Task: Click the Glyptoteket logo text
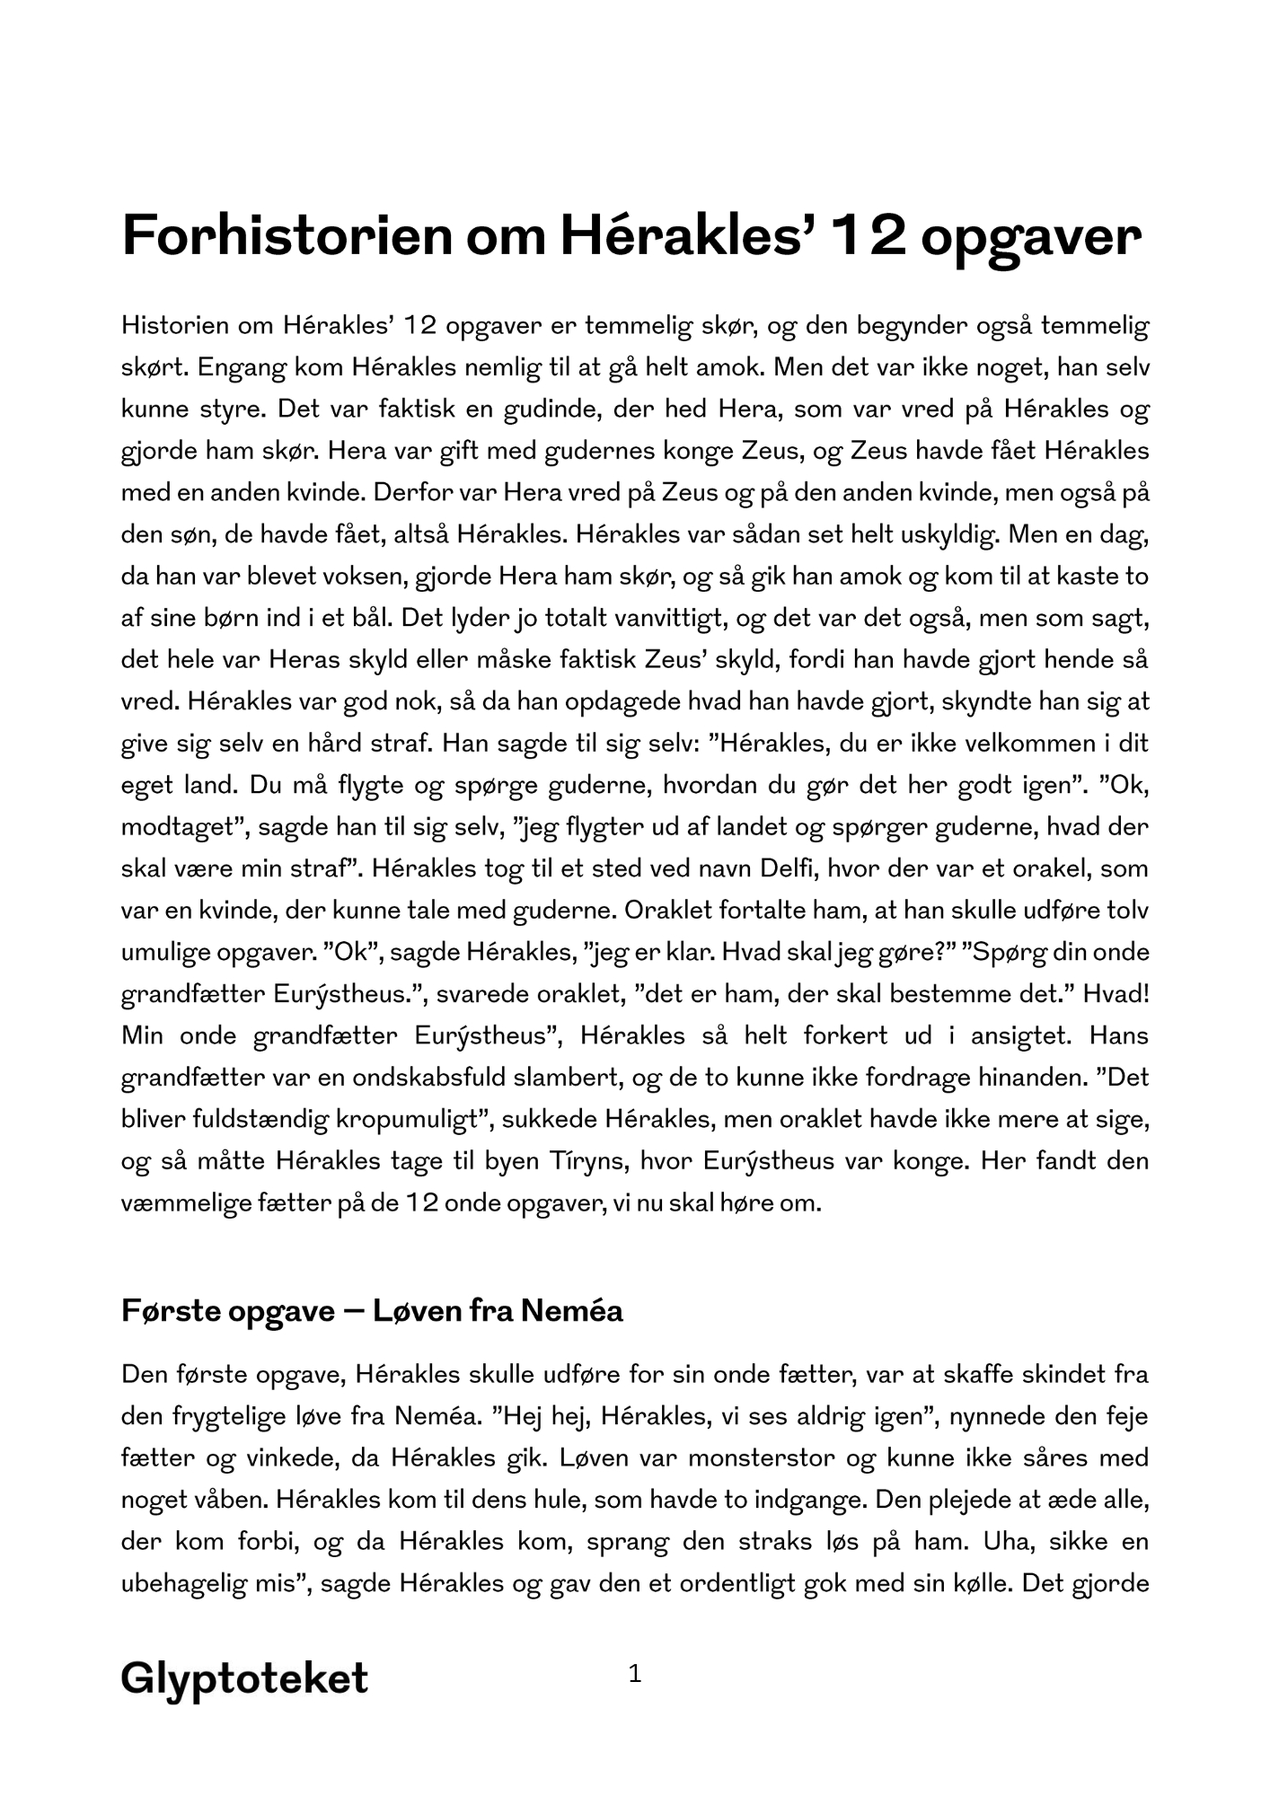click(x=244, y=1677)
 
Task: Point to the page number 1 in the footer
click(x=635, y=1673)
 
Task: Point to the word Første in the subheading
click(x=168, y=1310)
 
